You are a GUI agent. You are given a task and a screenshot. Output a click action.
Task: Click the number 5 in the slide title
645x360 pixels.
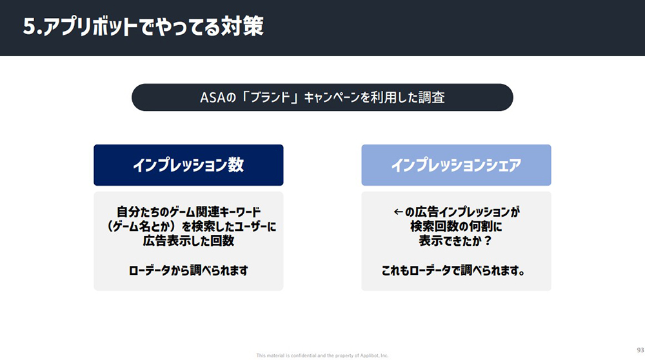[x=30, y=27]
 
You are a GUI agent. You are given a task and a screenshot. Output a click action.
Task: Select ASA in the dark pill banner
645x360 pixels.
[x=213, y=98]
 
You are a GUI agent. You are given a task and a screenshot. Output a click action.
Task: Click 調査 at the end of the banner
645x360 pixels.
[x=432, y=97]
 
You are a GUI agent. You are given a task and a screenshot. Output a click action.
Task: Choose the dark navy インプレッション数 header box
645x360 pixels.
[x=188, y=165]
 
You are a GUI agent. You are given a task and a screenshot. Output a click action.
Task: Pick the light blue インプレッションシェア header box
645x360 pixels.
[x=456, y=165]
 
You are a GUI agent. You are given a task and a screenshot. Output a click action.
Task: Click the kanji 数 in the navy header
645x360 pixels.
[x=236, y=165]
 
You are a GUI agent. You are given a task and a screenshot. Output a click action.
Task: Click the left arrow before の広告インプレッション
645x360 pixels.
[x=398, y=212]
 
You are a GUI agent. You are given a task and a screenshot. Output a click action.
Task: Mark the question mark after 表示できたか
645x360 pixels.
[x=488, y=241]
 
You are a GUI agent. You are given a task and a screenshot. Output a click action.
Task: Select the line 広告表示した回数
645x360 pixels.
[x=188, y=241]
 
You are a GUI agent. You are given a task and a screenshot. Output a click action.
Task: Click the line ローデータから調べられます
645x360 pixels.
[x=188, y=271]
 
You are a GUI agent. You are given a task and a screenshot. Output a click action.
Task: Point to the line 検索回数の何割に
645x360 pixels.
[x=456, y=226]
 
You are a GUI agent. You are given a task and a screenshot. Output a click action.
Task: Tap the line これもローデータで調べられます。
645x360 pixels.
[x=453, y=271]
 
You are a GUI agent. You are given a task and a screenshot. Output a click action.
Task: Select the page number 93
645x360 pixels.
[x=640, y=350]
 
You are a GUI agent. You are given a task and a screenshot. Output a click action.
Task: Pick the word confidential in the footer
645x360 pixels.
[x=303, y=355]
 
